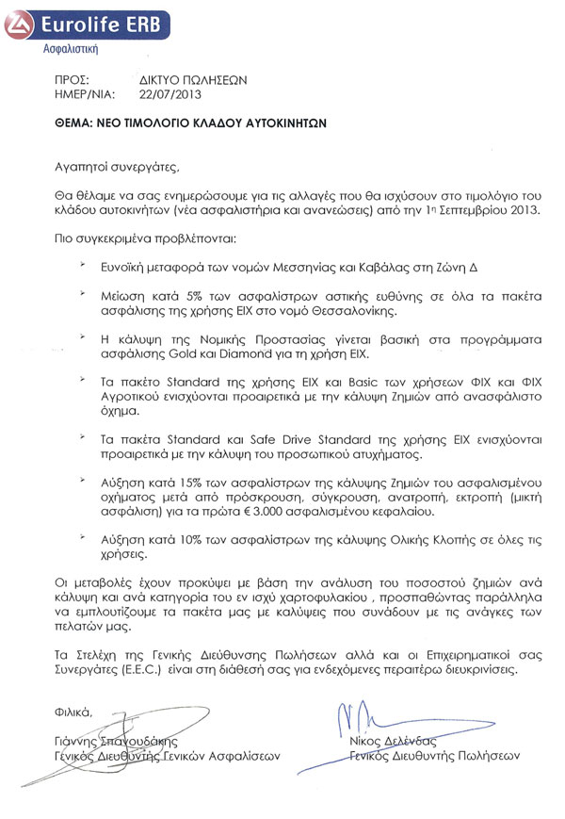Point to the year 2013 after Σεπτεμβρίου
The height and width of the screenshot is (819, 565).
[x=523, y=210]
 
